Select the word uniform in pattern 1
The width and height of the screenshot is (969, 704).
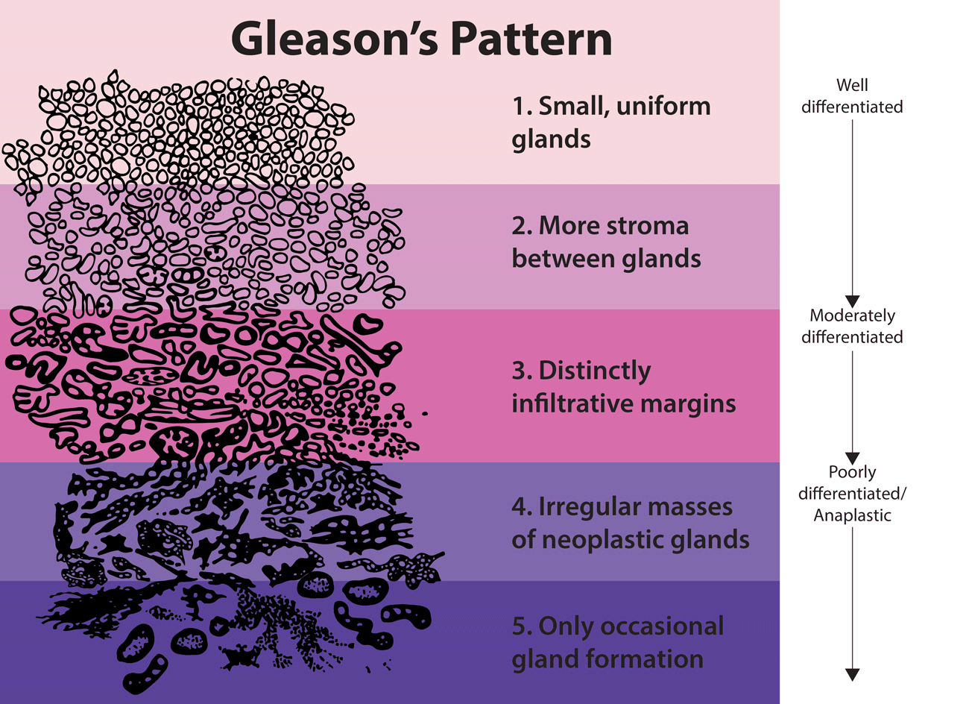663,107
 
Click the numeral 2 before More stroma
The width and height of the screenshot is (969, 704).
520,226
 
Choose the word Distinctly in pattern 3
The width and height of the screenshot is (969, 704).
594,371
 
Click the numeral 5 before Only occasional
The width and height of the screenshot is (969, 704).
520,626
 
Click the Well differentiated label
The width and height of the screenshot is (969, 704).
852,96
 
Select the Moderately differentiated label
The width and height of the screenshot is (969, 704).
852,326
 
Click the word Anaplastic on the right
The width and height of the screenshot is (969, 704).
852,515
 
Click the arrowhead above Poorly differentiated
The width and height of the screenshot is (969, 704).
852,458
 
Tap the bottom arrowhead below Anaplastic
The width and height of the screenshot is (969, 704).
852,675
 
